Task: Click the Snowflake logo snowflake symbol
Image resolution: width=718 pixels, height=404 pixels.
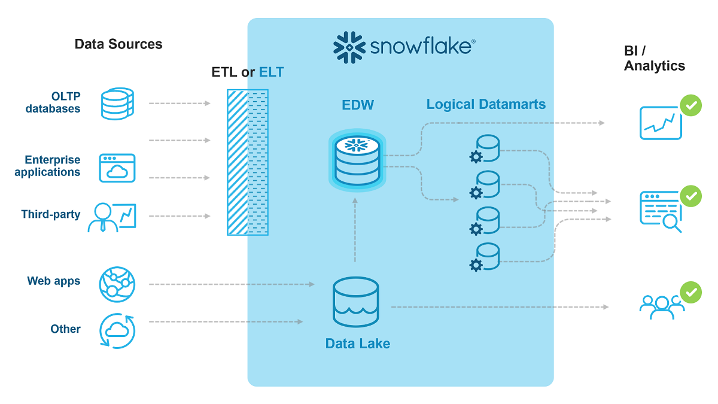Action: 349,47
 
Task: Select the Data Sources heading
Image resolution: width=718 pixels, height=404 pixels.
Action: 118,44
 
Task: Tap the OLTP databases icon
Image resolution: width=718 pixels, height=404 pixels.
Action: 117,104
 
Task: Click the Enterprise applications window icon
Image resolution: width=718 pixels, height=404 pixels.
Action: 117,168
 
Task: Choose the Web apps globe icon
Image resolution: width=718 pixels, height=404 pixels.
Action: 117,284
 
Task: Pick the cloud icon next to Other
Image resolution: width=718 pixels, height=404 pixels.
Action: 117,330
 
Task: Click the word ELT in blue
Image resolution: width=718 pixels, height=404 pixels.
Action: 271,72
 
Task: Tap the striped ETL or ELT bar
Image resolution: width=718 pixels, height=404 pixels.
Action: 248,162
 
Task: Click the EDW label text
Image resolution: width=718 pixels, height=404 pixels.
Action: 358,105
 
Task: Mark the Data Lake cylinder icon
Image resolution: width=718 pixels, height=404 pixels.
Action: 356,302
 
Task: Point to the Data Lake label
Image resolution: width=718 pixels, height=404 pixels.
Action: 358,344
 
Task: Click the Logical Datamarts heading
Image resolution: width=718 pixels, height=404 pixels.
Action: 486,105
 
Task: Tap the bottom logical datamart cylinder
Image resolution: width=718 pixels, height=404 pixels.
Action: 486,256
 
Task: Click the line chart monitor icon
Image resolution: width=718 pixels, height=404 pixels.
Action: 661,123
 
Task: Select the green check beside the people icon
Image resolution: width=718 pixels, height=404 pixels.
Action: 691,292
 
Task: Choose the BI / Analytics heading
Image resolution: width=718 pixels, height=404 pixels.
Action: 655,59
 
